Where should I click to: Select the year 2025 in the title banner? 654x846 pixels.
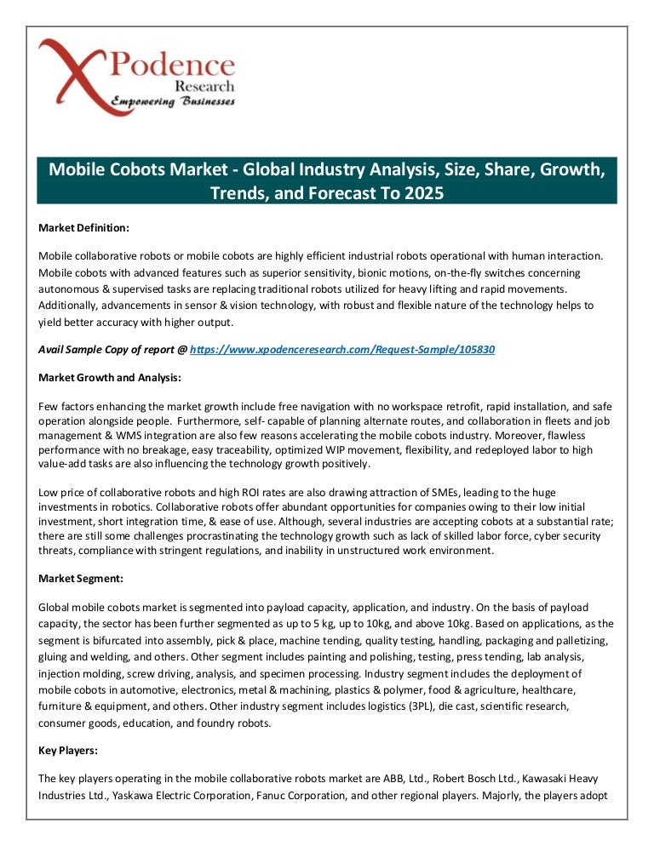[423, 192]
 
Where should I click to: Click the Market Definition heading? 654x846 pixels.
[84, 228]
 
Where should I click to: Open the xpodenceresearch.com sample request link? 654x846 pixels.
[342, 350]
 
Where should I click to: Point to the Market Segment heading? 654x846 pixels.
[81, 579]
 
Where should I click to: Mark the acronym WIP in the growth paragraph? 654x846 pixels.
[368, 450]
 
